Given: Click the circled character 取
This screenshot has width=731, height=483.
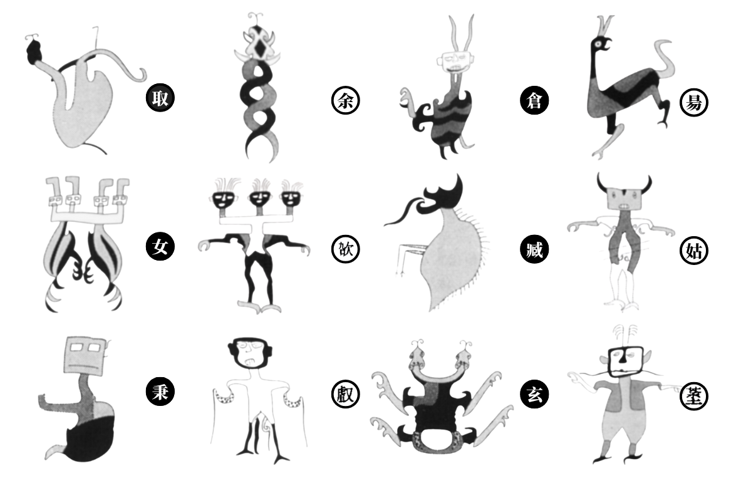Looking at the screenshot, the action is coord(160,98).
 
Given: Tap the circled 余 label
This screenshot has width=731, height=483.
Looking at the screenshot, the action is coord(345,100).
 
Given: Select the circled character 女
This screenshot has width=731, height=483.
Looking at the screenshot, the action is coord(160,247).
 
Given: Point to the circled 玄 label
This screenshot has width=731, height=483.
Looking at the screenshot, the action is coord(534,395).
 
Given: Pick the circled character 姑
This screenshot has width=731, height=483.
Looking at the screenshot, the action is coord(693,251).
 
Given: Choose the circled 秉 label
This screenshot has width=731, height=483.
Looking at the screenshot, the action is coord(160,391).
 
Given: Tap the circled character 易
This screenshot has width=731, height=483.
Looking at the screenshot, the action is coord(693,102).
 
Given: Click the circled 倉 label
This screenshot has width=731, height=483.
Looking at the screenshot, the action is coord(534,100).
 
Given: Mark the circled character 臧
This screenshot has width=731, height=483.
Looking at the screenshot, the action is coord(534,249).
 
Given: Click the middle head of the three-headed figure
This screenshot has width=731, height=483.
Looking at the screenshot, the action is coord(260,199).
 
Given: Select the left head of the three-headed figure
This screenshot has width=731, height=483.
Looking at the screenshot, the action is coord(222,200).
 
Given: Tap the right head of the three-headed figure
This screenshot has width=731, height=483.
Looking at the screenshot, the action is coord(291,200).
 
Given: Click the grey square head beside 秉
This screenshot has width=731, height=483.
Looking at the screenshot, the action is coord(85,355).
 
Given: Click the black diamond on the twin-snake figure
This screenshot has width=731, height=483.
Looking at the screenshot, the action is coord(258,46).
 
